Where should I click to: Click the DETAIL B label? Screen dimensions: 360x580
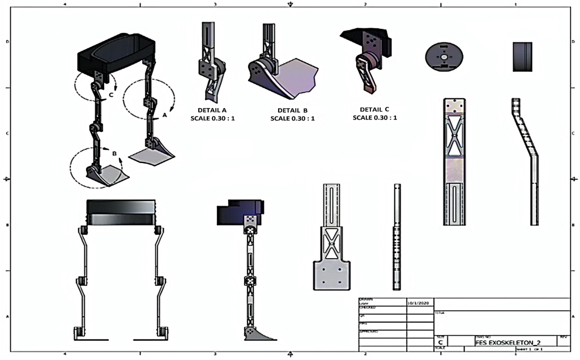tap(292, 110)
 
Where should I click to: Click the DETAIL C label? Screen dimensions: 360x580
tap(374, 109)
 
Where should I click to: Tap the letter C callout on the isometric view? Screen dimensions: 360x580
tap(112, 96)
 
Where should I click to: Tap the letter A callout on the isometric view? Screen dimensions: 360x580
tap(165, 115)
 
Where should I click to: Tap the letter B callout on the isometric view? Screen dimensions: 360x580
tap(114, 153)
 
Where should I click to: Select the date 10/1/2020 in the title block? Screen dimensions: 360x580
tap(419, 303)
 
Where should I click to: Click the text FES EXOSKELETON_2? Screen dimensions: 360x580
tap(504, 342)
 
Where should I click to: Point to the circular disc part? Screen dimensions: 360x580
tap(444, 57)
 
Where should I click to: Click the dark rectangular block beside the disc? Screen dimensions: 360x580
tap(522, 57)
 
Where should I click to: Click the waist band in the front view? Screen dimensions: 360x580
tap(120, 213)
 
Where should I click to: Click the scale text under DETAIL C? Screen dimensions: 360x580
tap(374, 118)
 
